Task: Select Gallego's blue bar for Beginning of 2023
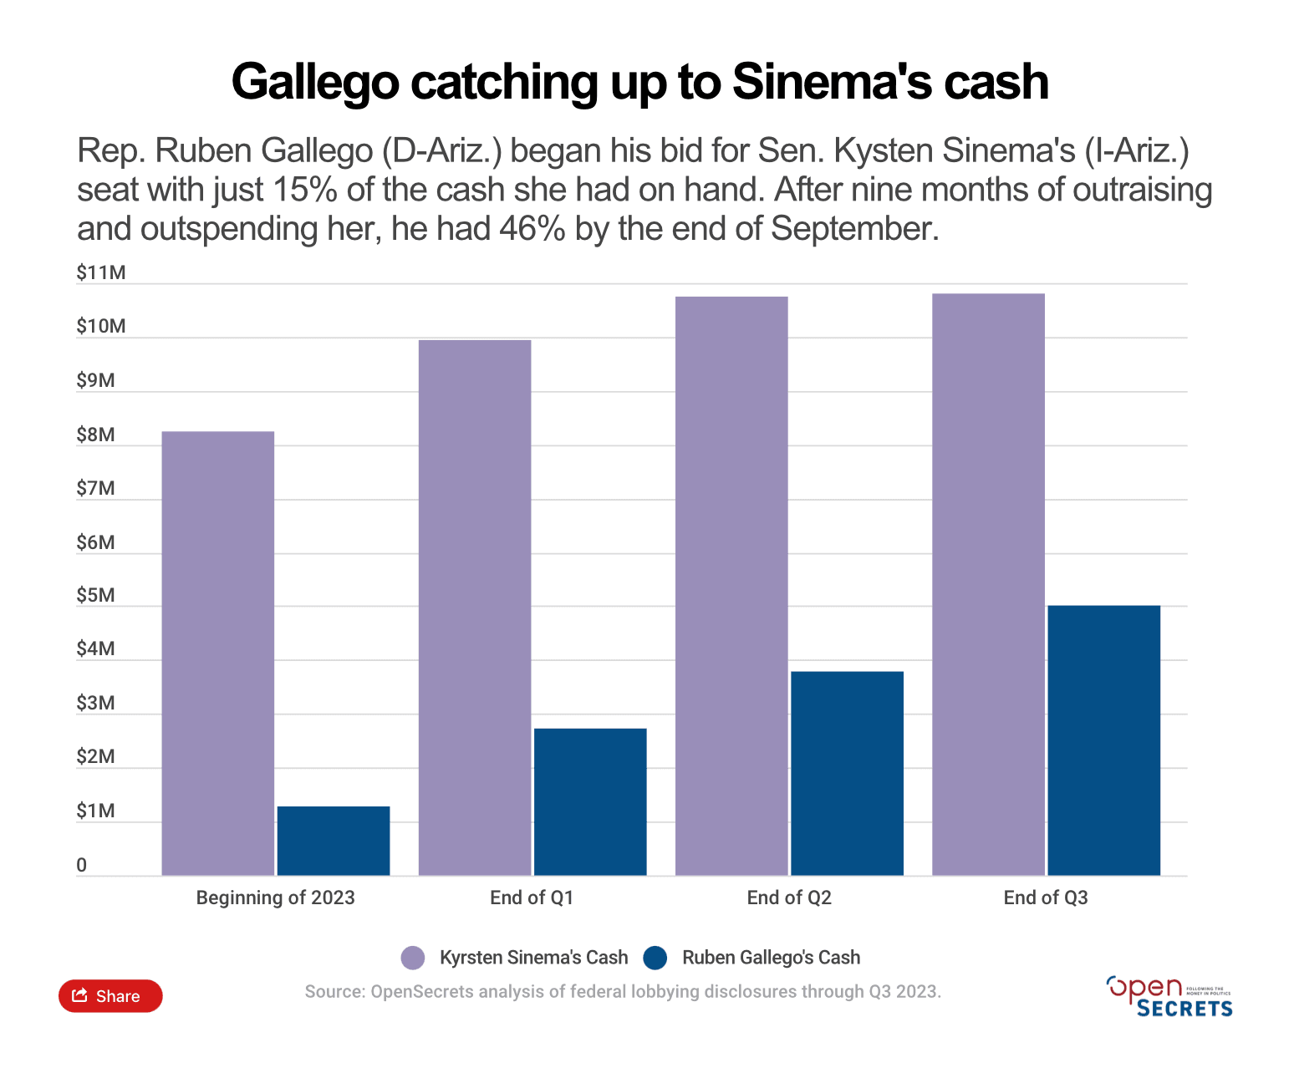pos(334,841)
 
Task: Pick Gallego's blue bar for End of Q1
pos(590,802)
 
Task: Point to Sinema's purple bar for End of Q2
pos(731,586)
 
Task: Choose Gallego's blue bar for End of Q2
pos(847,773)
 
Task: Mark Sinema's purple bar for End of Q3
pos(988,584)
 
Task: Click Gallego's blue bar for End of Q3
pos(1103,740)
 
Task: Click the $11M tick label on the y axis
pos(100,272)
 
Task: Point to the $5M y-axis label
pos(95,595)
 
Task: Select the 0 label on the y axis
pos(81,865)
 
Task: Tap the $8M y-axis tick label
pos(95,435)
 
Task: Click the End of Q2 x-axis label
pos(789,898)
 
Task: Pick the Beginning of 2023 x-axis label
pos(275,898)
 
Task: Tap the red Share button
pos(110,995)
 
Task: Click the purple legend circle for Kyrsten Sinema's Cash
pos(413,958)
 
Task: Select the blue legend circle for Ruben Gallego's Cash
pos(655,958)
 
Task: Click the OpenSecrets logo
pos(1169,996)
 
